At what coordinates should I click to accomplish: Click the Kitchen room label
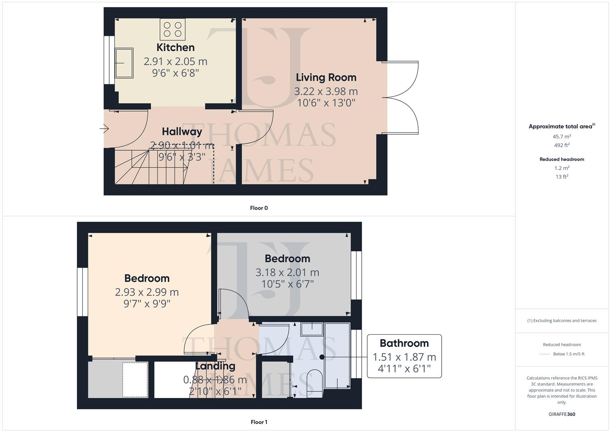click(175, 48)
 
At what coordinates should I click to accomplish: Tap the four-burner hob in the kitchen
click(172, 29)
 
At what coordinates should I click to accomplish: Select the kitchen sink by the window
click(124, 63)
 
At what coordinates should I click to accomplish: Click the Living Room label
click(326, 78)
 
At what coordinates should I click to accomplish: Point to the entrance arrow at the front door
click(104, 129)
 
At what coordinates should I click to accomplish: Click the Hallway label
click(182, 132)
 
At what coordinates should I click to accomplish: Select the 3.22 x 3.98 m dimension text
click(326, 92)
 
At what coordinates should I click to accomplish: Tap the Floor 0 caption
click(258, 208)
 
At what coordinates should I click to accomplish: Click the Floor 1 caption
click(258, 422)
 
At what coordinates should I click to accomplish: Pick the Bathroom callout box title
click(404, 343)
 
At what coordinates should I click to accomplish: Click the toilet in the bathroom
click(314, 382)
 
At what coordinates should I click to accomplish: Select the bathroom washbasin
click(312, 329)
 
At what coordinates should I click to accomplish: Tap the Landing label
click(215, 366)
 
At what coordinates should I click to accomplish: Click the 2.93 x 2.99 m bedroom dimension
click(147, 292)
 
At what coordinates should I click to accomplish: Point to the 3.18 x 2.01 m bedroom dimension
click(287, 273)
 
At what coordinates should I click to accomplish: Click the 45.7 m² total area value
click(561, 136)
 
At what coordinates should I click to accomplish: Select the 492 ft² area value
click(561, 145)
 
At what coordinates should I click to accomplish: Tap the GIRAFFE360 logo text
click(561, 414)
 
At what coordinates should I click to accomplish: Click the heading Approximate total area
click(560, 126)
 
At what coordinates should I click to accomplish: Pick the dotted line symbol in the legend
click(545, 354)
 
